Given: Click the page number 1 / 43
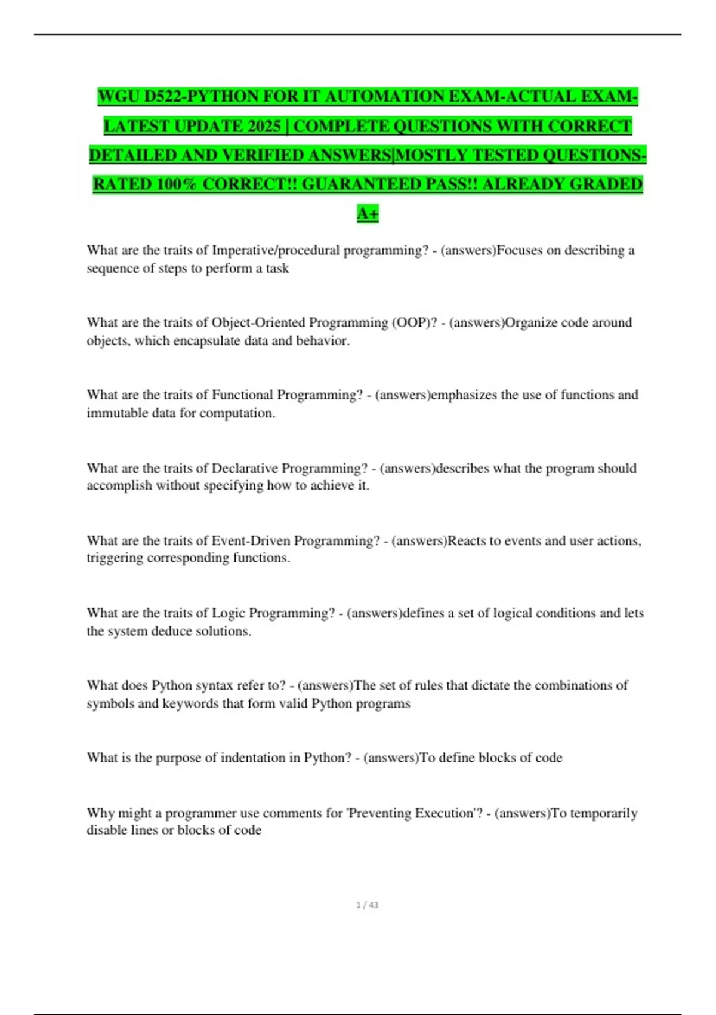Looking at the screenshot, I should [x=367, y=905].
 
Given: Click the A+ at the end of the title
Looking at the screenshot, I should [x=368, y=213].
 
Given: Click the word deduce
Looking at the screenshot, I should [x=173, y=631].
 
